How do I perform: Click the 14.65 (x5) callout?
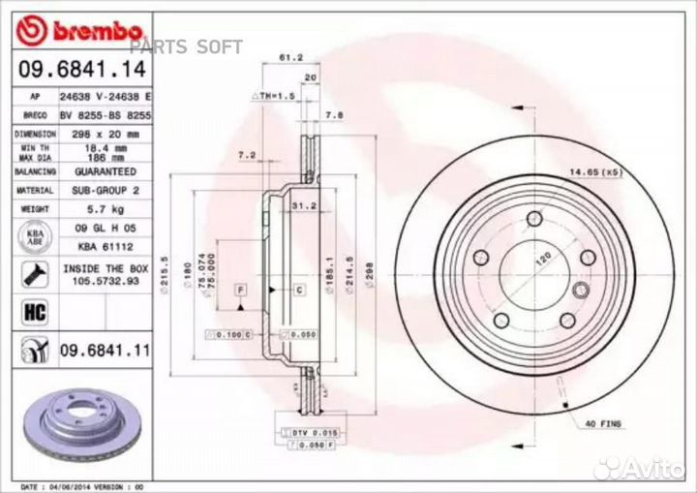[595, 170]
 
